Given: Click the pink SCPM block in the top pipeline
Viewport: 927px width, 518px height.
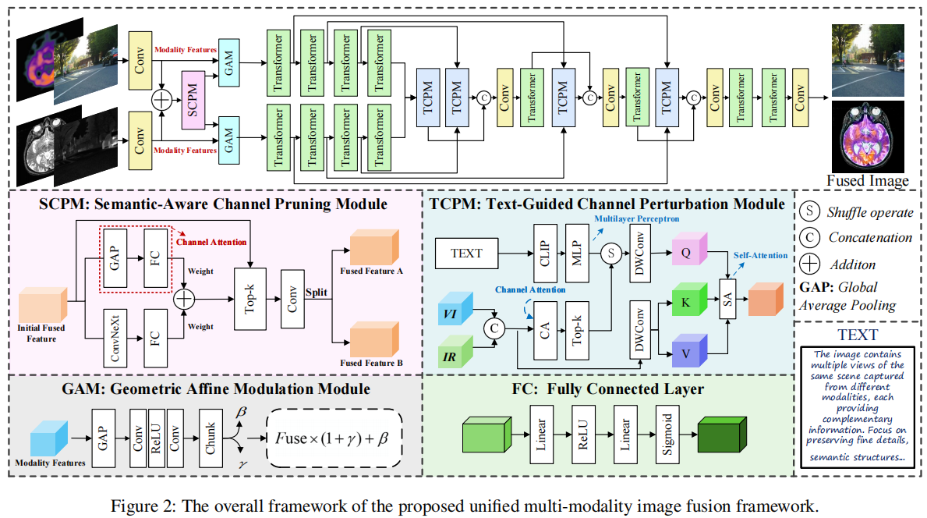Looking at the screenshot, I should click(x=193, y=99).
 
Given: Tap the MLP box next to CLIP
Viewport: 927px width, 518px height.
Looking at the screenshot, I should click(x=579, y=252).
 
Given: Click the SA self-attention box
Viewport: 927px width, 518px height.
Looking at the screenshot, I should click(x=728, y=302).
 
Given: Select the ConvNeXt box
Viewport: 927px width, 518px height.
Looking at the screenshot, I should click(x=116, y=338).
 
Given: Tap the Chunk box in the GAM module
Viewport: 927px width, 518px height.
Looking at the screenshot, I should click(x=211, y=437).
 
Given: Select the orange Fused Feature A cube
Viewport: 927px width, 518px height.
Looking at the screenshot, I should click(x=372, y=249).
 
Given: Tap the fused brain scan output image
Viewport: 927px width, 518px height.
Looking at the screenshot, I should click(x=867, y=137).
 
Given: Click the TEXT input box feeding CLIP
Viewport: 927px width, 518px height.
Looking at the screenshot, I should click(x=466, y=253).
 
